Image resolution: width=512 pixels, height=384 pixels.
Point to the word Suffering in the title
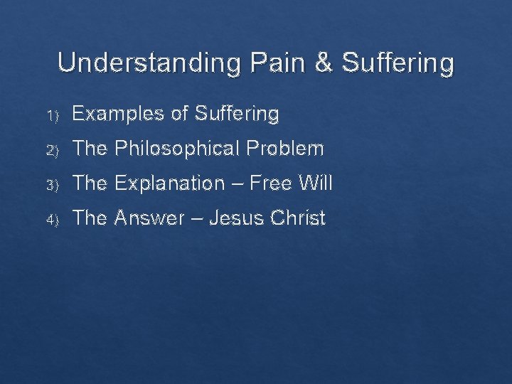pos(397,63)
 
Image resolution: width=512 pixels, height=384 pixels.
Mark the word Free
pos(274,183)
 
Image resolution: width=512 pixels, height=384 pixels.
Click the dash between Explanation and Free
pos(238,184)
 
